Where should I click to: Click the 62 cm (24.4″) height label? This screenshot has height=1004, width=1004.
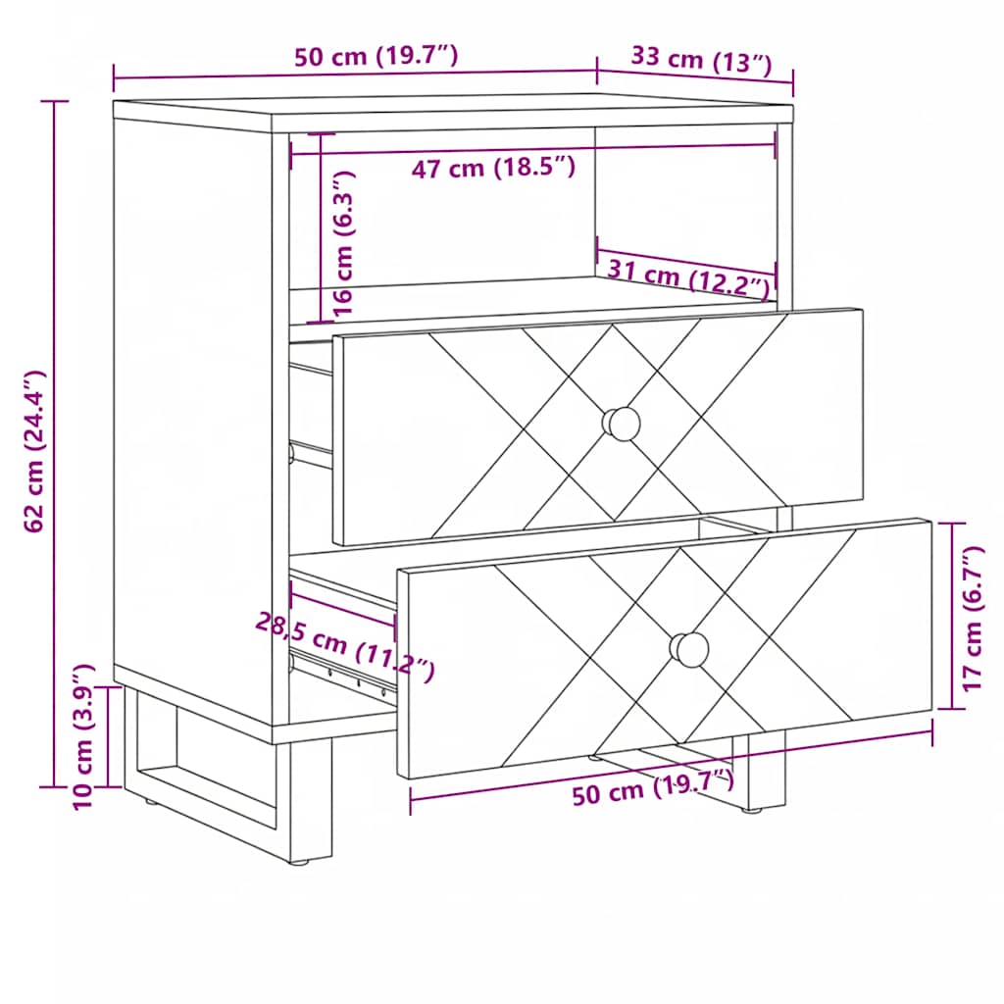point(34,451)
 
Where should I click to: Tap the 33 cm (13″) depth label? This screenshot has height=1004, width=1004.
point(702,61)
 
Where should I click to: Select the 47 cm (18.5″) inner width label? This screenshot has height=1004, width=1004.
point(493,168)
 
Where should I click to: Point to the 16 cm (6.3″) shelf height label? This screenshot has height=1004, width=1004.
point(343,243)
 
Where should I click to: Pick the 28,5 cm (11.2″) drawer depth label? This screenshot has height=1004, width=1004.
point(345,647)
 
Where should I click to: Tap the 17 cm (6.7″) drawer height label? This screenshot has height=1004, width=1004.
point(973,618)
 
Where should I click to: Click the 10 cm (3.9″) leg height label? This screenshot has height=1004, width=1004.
point(84,737)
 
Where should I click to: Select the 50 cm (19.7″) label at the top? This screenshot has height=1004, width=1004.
point(376,56)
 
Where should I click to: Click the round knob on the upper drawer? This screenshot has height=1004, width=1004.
point(621,424)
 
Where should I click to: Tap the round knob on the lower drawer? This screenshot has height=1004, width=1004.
point(689,649)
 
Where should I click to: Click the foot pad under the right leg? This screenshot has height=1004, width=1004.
point(751,810)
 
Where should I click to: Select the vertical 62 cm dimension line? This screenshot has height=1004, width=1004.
point(55,444)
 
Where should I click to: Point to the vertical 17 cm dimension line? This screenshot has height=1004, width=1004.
point(951,616)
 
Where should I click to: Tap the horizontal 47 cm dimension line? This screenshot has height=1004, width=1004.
point(532,150)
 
